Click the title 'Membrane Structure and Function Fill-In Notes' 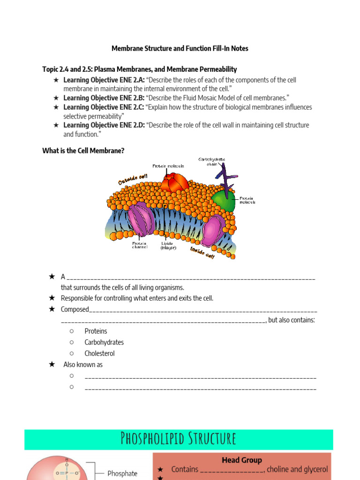[180, 48]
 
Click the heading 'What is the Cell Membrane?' [83, 151]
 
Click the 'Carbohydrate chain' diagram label [211, 162]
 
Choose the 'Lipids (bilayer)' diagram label [168, 245]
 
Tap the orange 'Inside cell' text [202, 254]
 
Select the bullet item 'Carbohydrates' [104, 342]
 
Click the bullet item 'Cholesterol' [99, 353]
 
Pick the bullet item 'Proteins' [96, 331]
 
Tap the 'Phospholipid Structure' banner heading [179, 439]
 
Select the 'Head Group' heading [242, 460]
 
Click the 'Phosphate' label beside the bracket [122, 473]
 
